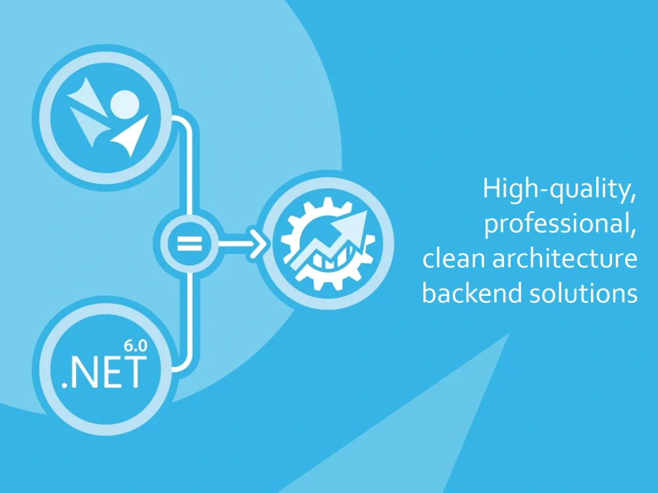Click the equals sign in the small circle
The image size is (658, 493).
pos(190,244)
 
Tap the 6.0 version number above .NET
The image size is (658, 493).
pos(136,346)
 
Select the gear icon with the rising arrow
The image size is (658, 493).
pos(328,244)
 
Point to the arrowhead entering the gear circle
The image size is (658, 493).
pos(257,244)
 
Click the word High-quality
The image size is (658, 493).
pos(557,189)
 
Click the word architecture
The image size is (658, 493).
pos(565,258)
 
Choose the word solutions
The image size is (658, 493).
pos(583,293)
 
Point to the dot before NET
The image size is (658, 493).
pos(64,385)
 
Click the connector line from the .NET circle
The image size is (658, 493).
pos(187,327)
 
